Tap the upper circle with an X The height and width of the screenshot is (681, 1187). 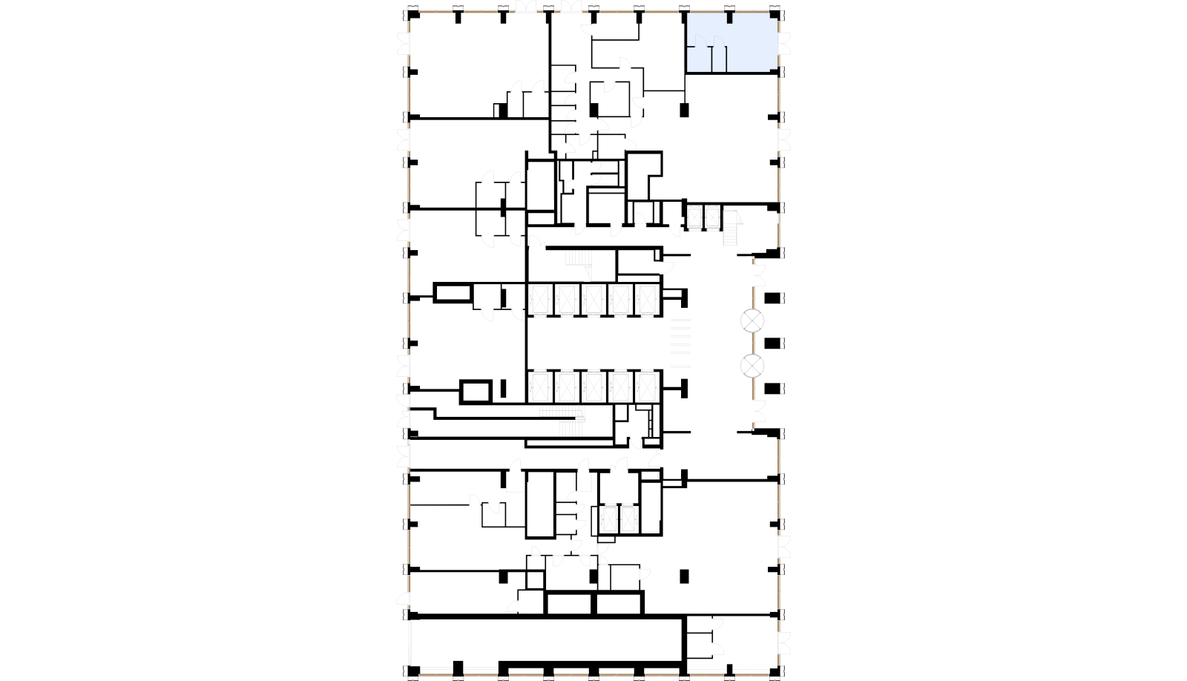[x=752, y=321]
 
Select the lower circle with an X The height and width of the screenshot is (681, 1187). [x=752, y=366]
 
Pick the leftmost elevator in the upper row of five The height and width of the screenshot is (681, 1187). [x=540, y=300]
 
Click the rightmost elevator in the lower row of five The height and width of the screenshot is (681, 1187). [x=647, y=386]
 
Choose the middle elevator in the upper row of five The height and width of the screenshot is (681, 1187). [x=593, y=300]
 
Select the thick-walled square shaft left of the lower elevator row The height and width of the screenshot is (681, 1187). [x=476, y=391]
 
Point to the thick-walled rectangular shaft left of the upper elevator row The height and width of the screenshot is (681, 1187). [x=453, y=292]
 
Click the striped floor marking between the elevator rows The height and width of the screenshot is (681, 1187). [x=680, y=343]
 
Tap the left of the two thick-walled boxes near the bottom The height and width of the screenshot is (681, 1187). [x=570, y=603]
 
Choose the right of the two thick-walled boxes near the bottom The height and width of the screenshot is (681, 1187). [x=619, y=603]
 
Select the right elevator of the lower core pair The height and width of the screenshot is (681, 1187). [x=629, y=519]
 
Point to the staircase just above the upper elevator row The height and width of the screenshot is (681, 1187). [x=578, y=258]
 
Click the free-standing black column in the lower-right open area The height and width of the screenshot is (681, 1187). [x=684, y=576]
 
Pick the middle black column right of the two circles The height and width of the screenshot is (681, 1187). [x=772, y=343]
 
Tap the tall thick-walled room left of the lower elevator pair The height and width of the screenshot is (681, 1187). [x=540, y=504]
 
